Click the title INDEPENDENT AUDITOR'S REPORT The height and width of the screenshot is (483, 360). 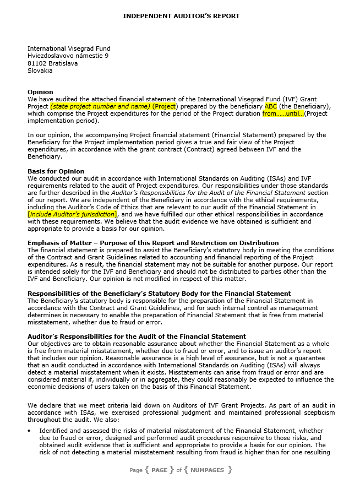click(181, 16)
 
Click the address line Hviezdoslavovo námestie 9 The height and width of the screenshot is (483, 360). click(68, 56)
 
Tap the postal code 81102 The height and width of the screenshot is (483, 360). click(37, 63)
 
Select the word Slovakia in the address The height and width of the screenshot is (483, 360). click(40, 70)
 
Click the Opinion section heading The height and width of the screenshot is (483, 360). click(40, 92)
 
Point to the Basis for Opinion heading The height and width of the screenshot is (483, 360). click(56, 171)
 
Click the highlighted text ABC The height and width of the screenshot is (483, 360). click(271, 106)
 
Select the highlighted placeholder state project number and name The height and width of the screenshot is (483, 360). click(100, 106)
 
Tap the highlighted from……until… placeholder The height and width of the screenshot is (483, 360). click(283, 113)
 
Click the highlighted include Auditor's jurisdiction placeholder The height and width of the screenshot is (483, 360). click(72, 214)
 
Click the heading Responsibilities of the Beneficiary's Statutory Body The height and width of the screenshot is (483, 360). click(159, 294)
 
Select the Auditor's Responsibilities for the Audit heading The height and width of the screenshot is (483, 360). click(137, 337)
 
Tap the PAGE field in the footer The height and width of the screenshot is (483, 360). click(159, 470)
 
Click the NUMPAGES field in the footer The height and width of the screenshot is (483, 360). click(208, 470)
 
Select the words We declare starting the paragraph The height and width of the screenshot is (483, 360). click(45, 405)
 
